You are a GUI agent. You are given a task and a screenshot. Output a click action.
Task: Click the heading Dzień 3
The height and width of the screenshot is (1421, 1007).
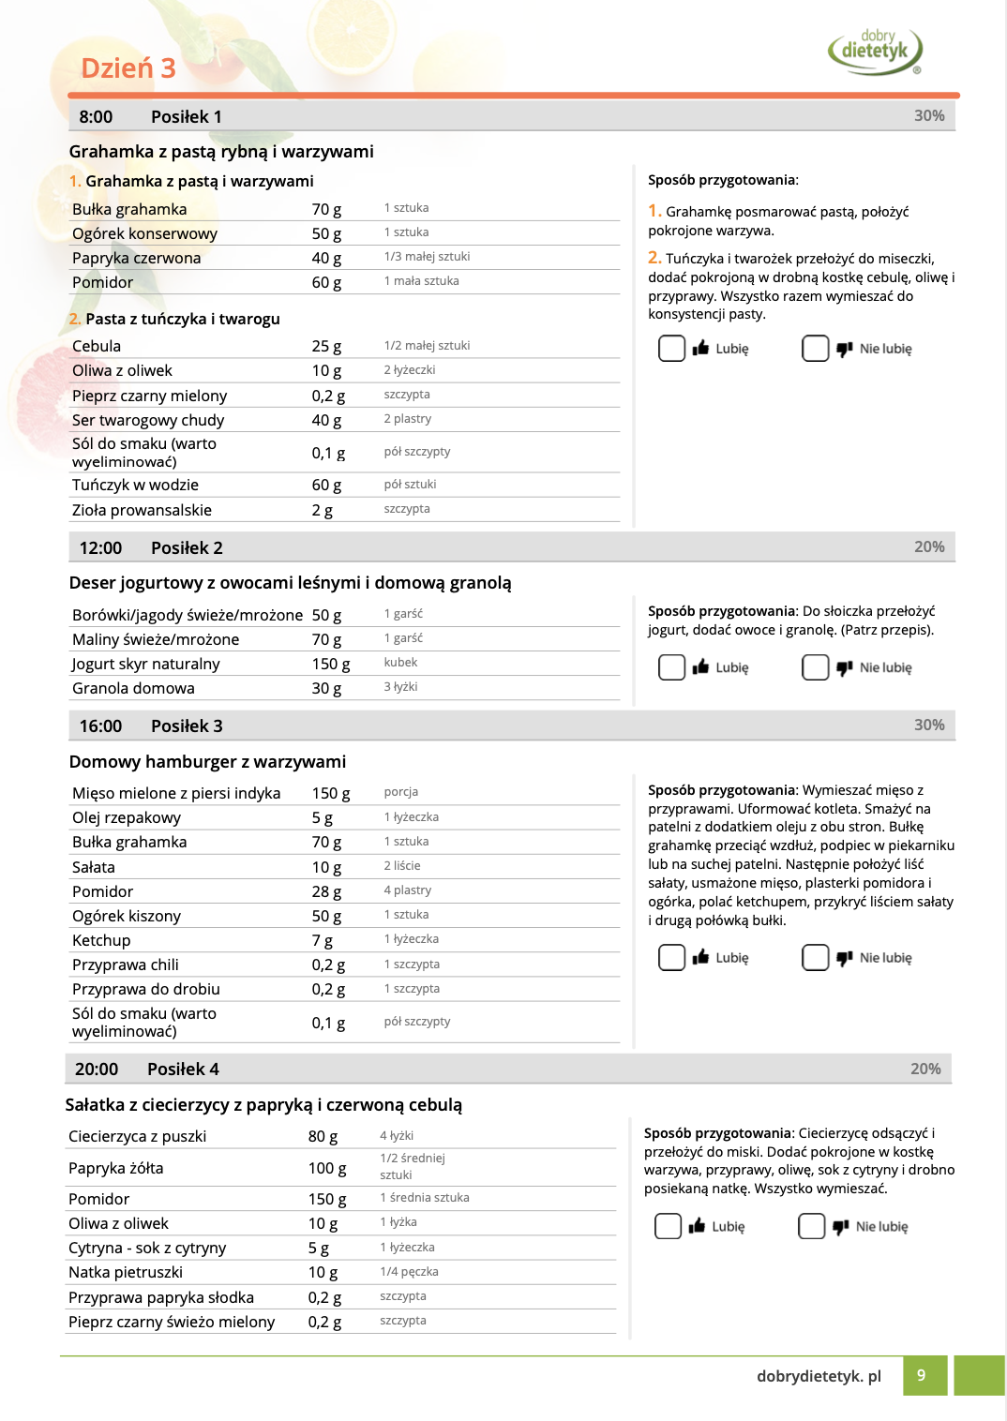(x=128, y=68)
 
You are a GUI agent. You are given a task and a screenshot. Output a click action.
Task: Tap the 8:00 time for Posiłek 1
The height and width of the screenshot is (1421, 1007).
(x=96, y=117)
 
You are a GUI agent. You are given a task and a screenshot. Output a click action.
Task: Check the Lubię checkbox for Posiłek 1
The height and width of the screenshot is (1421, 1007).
(x=671, y=349)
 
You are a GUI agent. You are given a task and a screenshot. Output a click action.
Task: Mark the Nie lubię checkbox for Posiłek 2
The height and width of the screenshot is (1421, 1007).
(x=815, y=667)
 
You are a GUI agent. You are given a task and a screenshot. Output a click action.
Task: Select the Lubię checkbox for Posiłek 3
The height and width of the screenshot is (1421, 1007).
(x=671, y=957)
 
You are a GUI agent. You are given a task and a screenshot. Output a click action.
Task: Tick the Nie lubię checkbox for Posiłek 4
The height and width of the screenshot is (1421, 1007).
(x=811, y=1226)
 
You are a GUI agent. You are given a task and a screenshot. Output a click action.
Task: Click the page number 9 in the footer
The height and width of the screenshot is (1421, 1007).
(x=922, y=1375)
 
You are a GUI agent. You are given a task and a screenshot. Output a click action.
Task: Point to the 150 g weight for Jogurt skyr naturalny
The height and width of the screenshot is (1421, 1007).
(x=331, y=664)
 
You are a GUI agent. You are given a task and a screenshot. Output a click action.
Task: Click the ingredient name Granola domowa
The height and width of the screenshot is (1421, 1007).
(x=133, y=688)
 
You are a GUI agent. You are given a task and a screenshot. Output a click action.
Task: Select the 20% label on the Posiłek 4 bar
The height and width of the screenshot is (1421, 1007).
(x=925, y=1069)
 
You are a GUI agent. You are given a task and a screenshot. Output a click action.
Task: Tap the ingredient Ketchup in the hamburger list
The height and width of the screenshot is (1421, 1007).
(x=101, y=940)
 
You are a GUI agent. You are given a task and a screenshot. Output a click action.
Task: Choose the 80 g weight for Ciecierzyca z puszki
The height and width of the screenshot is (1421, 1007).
(x=323, y=1136)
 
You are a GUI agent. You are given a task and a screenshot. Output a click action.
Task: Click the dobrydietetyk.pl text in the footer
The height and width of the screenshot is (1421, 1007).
(x=819, y=1376)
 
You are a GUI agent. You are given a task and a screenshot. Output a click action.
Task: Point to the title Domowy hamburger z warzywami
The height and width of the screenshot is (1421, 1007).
(x=207, y=761)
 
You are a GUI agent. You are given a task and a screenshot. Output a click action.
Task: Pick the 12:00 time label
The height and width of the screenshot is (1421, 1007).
(x=100, y=548)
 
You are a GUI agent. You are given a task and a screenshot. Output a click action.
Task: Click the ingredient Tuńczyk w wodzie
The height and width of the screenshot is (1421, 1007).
(x=135, y=485)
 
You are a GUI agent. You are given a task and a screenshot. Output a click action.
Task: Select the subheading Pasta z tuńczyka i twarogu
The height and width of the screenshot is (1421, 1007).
(x=182, y=319)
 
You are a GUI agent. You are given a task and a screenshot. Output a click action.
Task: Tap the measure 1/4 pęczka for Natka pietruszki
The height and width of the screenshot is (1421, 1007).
(x=409, y=1272)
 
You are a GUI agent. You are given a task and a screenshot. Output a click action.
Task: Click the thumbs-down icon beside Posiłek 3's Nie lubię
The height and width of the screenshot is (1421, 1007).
(x=844, y=957)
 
